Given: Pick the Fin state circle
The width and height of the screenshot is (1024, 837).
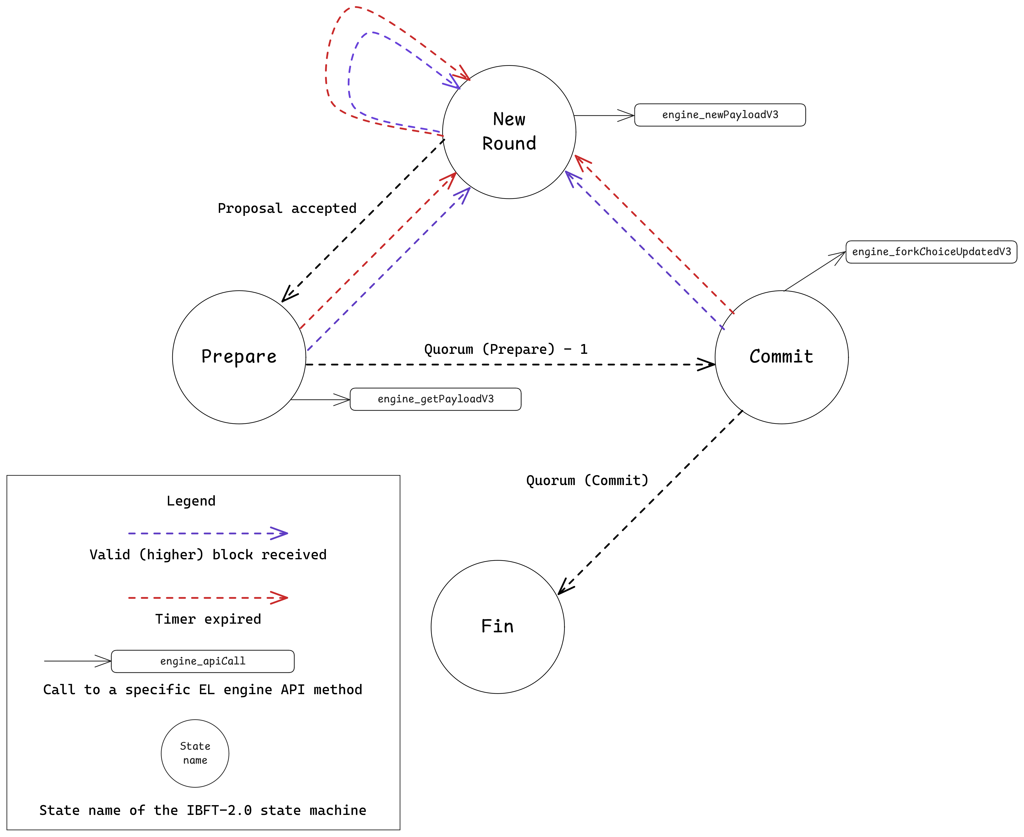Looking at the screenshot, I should pos(497,627).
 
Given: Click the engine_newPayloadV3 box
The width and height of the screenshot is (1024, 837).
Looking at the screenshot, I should pos(720,115).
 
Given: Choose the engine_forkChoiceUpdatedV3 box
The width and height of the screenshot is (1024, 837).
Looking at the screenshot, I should pos(931,252).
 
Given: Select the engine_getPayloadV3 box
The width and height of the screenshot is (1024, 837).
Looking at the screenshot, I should pos(435,399).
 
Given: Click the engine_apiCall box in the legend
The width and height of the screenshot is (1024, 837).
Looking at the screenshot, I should pos(203,661).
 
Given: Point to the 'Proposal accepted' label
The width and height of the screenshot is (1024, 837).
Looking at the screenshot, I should pos(287,208).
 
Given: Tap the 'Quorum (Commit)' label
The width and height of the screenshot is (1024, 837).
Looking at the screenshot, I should pos(587,480).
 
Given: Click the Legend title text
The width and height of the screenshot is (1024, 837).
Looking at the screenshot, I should pos(191,501).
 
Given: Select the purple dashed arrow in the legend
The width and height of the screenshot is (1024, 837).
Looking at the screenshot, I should pos(207,533).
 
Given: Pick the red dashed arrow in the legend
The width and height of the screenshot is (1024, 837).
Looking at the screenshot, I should pos(207,598).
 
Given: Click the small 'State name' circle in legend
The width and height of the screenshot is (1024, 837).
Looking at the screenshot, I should pos(195,753).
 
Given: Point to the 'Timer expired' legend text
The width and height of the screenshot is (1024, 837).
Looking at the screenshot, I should pos(208,619).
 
